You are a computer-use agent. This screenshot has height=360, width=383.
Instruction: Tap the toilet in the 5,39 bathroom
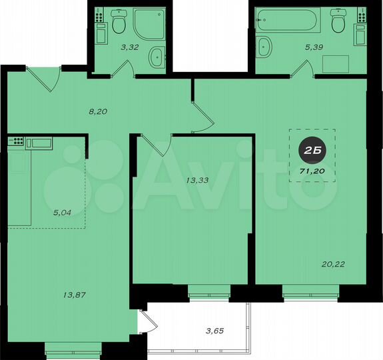click(x=338, y=23)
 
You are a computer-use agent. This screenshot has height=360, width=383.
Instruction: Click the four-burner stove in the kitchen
click(x=15, y=141)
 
